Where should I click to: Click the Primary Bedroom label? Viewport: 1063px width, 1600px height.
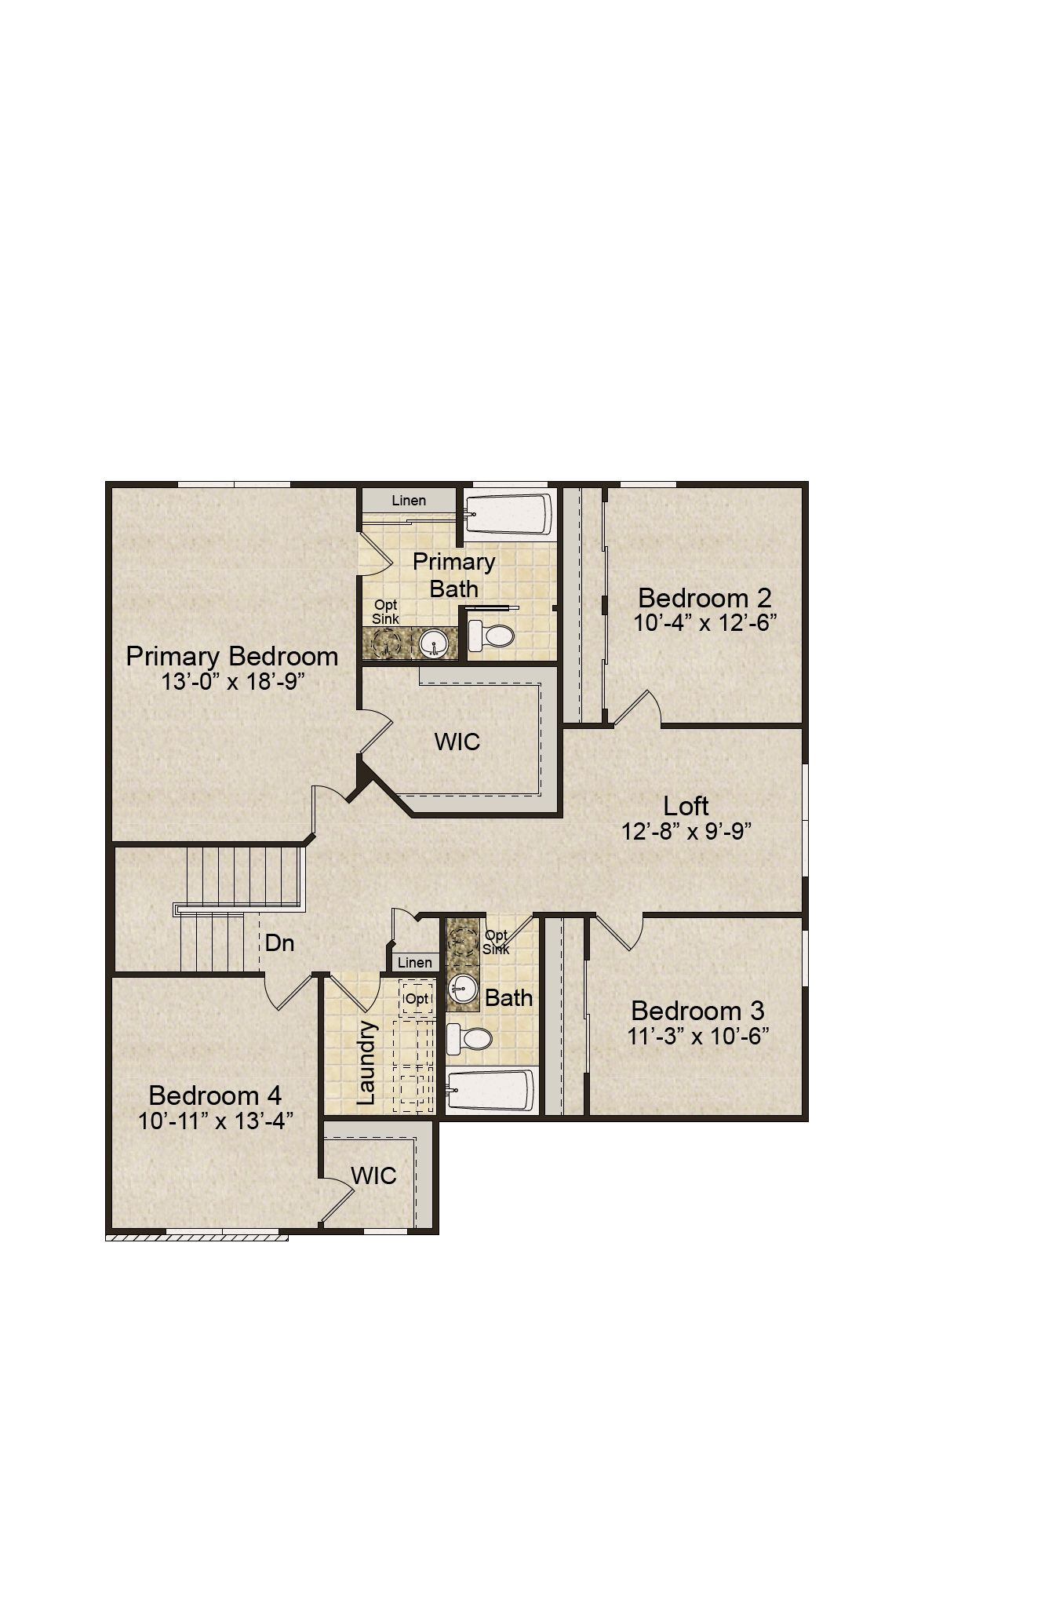(232, 656)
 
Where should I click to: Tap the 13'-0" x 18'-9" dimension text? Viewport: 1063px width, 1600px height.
(233, 681)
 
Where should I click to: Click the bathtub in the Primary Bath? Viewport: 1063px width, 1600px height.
(508, 515)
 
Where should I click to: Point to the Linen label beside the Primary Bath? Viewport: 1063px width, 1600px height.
(409, 501)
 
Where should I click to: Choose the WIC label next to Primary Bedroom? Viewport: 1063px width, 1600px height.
(457, 742)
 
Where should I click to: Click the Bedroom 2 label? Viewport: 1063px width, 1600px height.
(705, 598)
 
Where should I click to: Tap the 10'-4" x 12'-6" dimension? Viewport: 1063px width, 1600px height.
(705, 623)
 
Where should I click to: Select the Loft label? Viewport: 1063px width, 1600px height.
(686, 806)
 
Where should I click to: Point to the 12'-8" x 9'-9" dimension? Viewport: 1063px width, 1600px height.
(686, 831)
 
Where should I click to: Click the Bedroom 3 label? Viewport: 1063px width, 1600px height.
(697, 1011)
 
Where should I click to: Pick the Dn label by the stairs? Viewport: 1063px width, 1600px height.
(279, 942)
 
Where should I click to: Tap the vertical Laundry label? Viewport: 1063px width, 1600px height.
(366, 1062)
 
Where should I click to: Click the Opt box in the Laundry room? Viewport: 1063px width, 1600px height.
(417, 999)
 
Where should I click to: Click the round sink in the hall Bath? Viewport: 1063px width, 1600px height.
(463, 990)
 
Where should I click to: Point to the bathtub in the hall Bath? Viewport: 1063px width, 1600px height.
(491, 1090)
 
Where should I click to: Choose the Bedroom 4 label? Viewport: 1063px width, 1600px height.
(215, 1095)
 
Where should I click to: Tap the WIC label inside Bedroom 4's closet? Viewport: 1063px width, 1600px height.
(373, 1175)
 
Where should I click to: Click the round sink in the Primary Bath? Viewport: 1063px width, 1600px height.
(434, 644)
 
